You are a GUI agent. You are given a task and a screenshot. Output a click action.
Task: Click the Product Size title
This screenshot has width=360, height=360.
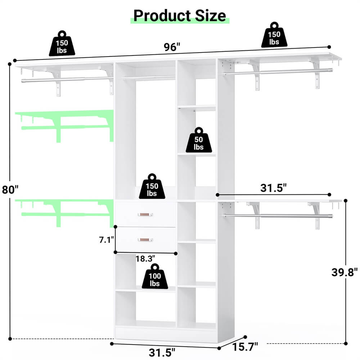pos(180,15)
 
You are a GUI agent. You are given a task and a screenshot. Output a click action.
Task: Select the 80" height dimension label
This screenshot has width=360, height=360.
pos(9,189)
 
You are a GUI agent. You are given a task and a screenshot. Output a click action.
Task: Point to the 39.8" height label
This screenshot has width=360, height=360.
pos(345,272)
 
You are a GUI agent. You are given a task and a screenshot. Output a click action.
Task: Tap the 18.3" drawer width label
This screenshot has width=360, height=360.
pos(145,258)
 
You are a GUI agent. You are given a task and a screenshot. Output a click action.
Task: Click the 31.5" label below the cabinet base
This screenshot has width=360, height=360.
pos(162,351)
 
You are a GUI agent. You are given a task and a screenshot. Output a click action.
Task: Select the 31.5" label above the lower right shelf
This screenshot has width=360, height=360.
pos(274,188)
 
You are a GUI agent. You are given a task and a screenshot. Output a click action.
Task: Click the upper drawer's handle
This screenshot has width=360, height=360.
pos(145,215)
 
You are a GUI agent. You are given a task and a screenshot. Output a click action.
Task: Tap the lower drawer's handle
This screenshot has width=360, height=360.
pos(145,239)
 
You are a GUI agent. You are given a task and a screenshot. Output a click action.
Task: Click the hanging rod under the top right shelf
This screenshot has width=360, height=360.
pos(277,72)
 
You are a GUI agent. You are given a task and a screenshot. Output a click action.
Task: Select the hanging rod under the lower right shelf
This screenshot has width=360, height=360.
pos(277,216)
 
